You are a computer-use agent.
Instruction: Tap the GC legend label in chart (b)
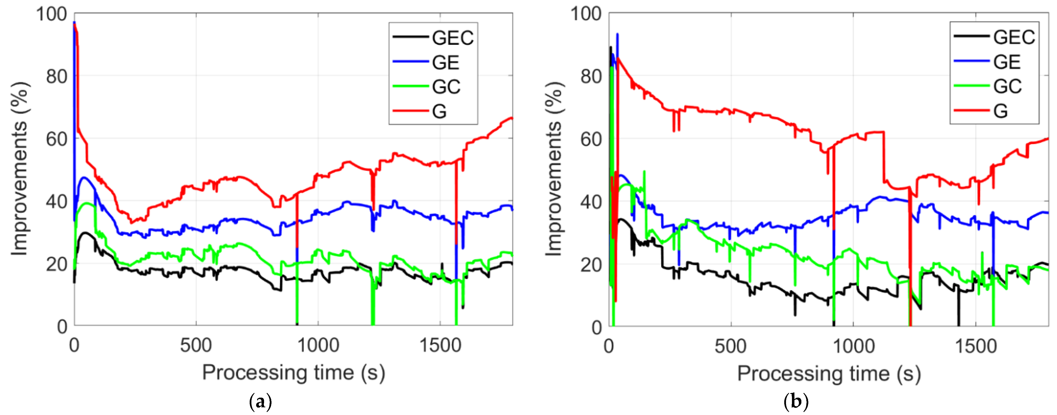coord(1007,87)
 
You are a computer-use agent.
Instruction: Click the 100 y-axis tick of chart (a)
coord(51,14)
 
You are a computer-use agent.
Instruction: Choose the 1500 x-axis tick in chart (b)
coord(976,347)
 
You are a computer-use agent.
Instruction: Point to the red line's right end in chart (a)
coord(511,118)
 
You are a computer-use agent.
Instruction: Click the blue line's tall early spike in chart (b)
coord(617,35)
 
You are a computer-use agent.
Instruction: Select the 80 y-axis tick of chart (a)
coord(57,77)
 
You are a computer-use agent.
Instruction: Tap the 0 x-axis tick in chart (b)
coord(609,347)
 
